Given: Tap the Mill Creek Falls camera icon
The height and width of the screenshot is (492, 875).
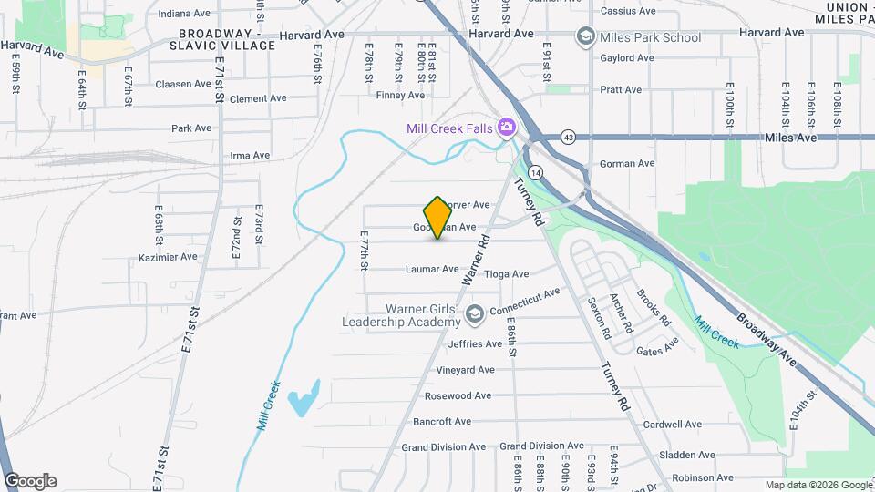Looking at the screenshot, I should click(x=506, y=128).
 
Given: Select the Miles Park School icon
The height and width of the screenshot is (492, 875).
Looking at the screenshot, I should click(x=584, y=37).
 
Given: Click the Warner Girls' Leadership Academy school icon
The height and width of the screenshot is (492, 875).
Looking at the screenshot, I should click(x=474, y=314).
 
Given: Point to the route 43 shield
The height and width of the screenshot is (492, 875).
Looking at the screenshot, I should click(x=568, y=137).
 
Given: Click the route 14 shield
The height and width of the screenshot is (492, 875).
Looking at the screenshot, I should click(x=535, y=171).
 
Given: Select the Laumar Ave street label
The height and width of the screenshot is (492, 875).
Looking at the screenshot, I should click(x=432, y=269).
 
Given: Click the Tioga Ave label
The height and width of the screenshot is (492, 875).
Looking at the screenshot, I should click(x=507, y=273).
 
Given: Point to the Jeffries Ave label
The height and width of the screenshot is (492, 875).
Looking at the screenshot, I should click(x=471, y=344).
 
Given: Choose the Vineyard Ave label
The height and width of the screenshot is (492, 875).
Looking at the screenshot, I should click(x=465, y=370).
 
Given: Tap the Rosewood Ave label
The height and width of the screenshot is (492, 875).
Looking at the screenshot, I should click(x=458, y=395).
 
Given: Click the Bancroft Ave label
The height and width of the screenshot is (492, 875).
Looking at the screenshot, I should click(x=442, y=422).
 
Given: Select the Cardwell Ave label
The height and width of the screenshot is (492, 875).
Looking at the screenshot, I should click(x=672, y=425).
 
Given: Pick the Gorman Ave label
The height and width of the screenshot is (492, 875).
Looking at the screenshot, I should click(x=627, y=164).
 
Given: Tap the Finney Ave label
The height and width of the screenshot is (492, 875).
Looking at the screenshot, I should click(x=400, y=95).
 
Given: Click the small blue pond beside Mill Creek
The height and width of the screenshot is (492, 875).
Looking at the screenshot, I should click(x=304, y=398).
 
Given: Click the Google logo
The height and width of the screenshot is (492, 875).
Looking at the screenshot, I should click(x=31, y=480).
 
